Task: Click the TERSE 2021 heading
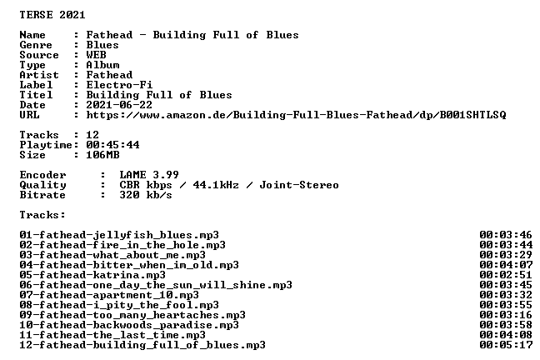click(x=52, y=15)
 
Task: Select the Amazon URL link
click(x=296, y=115)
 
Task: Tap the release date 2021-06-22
click(x=119, y=105)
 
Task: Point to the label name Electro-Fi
click(x=119, y=85)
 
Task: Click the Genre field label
click(x=36, y=45)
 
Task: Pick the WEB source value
click(x=96, y=55)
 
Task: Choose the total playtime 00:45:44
click(x=112, y=145)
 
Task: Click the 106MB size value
click(x=102, y=155)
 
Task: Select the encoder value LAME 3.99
click(x=149, y=175)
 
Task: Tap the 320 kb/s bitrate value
click(x=146, y=195)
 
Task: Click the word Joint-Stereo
click(x=299, y=185)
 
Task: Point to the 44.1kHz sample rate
click(x=216, y=185)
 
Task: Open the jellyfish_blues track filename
click(x=119, y=235)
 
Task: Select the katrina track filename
click(x=92, y=275)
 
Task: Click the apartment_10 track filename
click(x=109, y=295)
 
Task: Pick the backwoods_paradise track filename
click(x=129, y=325)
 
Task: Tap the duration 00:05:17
click(x=506, y=345)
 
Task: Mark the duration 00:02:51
click(x=506, y=275)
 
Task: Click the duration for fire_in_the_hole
click(x=506, y=245)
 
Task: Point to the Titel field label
click(x=36, y=95)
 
